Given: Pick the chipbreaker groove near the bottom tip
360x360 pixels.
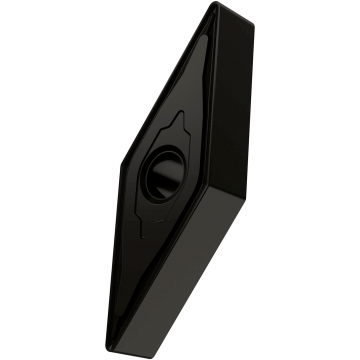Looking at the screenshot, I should [x=112, y=300].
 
